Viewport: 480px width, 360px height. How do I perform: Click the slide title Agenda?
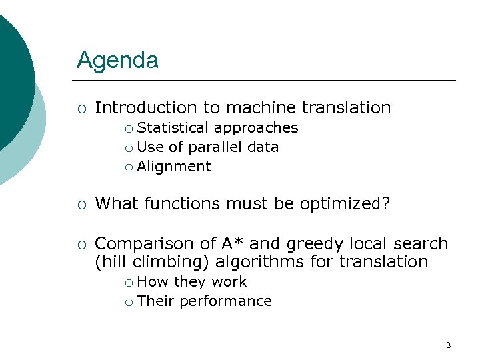click(x=117, y=61)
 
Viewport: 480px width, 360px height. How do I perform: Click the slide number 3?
click(x=448, y=345)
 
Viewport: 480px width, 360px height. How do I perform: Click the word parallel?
click(x=216, y=147)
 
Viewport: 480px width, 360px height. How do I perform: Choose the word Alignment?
click(x=174, y=167)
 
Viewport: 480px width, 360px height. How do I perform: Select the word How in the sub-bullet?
click(x=153, y=281)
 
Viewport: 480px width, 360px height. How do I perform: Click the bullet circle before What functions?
click(x=81, y=204)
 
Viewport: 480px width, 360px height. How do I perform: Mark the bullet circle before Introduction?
click(x=81, y=108)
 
